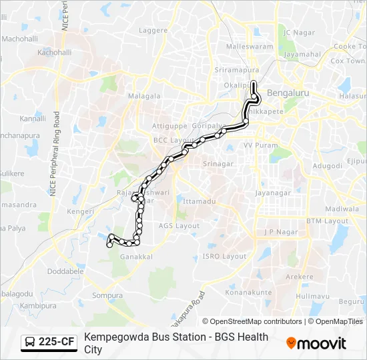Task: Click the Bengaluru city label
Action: (x=288, y=93)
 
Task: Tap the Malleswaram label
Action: (x=250, y=47)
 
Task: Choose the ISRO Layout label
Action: (x=224, y=256)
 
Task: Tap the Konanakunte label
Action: (x=248, y=292)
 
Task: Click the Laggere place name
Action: (x=153, y=31)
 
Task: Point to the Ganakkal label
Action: (x=136, y=257)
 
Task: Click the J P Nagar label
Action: (x=279, y=232)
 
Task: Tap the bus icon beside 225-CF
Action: (x=30, y=343)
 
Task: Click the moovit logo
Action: (x=316, y=343)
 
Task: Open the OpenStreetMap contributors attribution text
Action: (x=252, y=321)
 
